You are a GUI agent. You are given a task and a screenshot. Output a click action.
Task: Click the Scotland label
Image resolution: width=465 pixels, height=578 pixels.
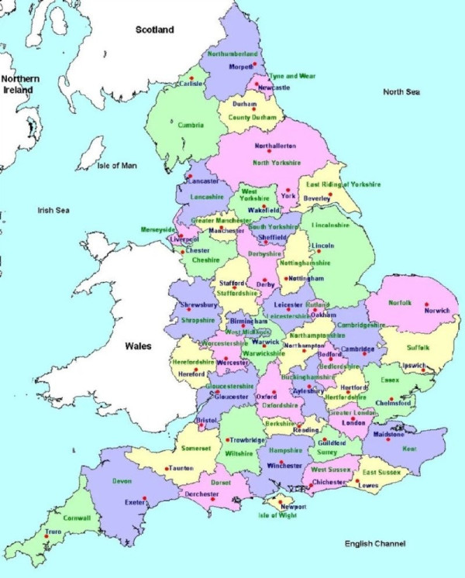point(155,29)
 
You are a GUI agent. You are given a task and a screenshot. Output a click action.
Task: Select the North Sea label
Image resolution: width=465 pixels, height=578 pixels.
point(401,91)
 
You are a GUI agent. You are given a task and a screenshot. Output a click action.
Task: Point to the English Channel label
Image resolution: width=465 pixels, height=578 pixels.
point(375,544)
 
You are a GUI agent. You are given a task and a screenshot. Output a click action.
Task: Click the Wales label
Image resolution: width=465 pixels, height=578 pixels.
point(135,346)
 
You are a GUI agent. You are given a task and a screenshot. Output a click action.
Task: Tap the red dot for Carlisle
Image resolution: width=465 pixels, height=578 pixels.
point(191,77)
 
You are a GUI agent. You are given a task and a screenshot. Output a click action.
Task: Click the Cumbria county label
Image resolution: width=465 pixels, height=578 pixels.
point(190,125)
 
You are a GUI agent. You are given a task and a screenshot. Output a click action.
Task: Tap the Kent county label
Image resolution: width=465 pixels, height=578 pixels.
point(409,449)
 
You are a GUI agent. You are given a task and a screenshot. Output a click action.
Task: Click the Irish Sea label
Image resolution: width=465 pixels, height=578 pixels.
point(54,210)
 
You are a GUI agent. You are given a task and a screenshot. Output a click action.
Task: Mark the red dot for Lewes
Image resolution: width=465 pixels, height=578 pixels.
point(356,481)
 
